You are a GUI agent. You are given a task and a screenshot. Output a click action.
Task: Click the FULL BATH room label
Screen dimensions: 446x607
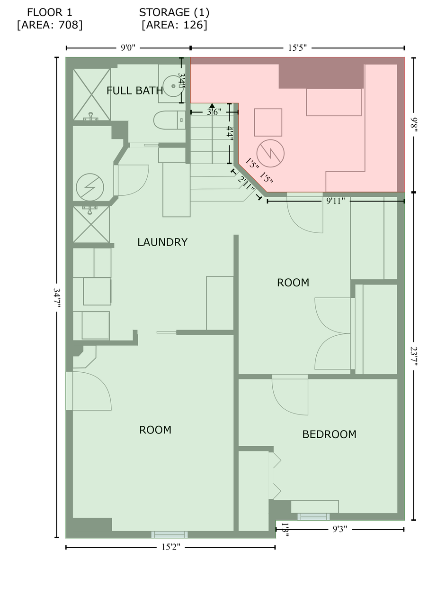[x=135, y=91]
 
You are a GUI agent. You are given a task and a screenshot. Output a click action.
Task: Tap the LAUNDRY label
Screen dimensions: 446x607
[x=162, y=242]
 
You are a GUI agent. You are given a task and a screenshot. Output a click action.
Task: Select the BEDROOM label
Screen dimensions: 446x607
[x=329, y=434]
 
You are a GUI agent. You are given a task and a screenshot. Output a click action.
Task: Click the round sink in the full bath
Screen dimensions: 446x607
[x=173, y=86]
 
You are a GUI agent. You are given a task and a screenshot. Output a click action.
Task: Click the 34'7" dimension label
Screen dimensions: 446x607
[x=57, y=297]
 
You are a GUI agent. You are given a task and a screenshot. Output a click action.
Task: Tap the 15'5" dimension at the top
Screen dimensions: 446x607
[x=297, y=48]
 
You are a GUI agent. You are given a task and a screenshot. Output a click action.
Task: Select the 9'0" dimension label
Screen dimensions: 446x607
[x=128, y=48]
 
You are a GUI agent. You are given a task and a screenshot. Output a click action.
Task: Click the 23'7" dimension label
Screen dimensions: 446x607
[x=413, y=356]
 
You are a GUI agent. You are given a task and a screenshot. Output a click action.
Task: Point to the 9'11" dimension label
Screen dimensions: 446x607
[x=335, y=201]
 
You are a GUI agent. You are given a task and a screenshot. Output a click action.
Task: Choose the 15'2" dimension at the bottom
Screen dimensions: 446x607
[x=170, y=547]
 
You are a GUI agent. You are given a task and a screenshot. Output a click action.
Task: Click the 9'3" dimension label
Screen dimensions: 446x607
[x=340, y=529]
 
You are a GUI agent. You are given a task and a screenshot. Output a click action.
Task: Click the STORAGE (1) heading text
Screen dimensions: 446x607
[x=174, y=12]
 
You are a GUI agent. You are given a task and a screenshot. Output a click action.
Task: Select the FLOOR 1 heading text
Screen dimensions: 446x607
[x=50, y=12]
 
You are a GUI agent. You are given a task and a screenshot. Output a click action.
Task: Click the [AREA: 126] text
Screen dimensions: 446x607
[x=174, y=25]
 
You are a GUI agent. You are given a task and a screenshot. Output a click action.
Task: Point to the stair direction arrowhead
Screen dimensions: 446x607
[x=212, y=105]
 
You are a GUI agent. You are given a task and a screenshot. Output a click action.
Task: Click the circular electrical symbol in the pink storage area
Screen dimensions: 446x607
[x=270, y=153]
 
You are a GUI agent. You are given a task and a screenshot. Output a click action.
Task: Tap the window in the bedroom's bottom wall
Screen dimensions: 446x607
[x=313, y=517]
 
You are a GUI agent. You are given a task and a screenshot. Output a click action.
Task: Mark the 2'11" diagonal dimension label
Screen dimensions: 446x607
[x=246, y=184]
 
